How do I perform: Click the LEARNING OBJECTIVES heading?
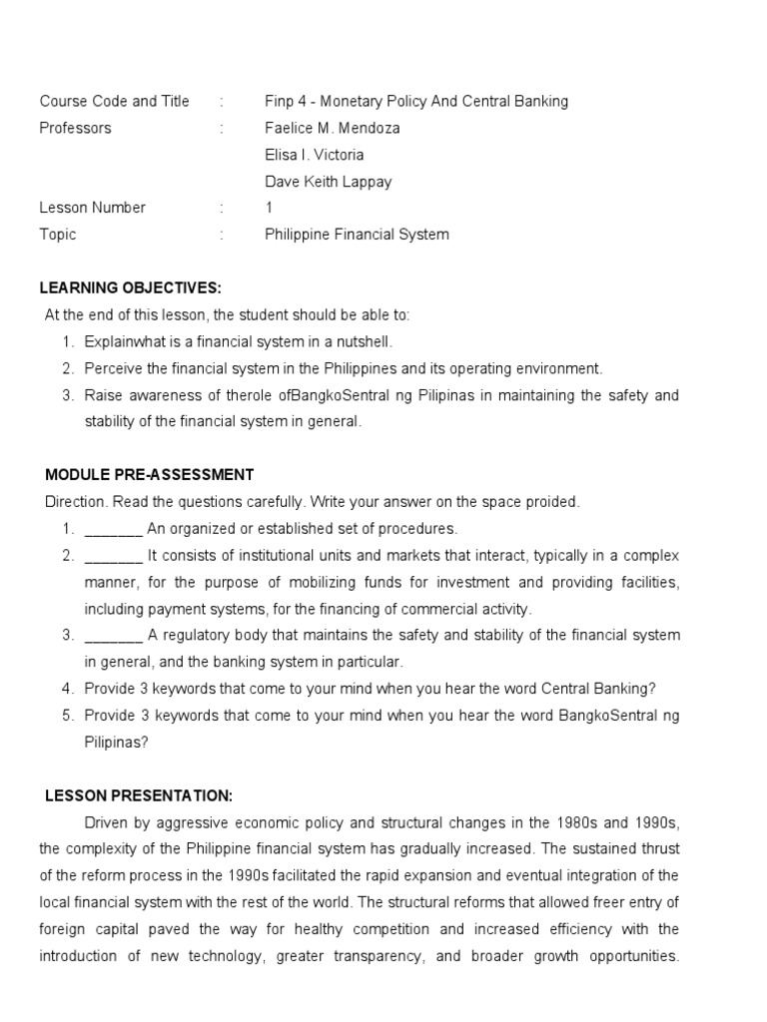(130, 288)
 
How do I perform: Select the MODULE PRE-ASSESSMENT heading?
(150, 475)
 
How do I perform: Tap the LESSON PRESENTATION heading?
(139, 795)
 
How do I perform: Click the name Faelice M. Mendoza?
(333, 128)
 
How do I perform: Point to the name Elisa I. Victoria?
(315, 155)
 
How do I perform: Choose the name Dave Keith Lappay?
(329, 182)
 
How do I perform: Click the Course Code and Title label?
(114, 101)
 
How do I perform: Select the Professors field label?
(75, 128)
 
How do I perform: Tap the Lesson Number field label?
(92, 208)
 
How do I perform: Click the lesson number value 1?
(269, 208)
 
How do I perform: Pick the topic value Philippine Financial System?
(357, 235)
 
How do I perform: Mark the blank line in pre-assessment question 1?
(114, 529)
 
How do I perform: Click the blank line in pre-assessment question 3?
(114, 636)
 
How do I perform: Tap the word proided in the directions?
(552, 502)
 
